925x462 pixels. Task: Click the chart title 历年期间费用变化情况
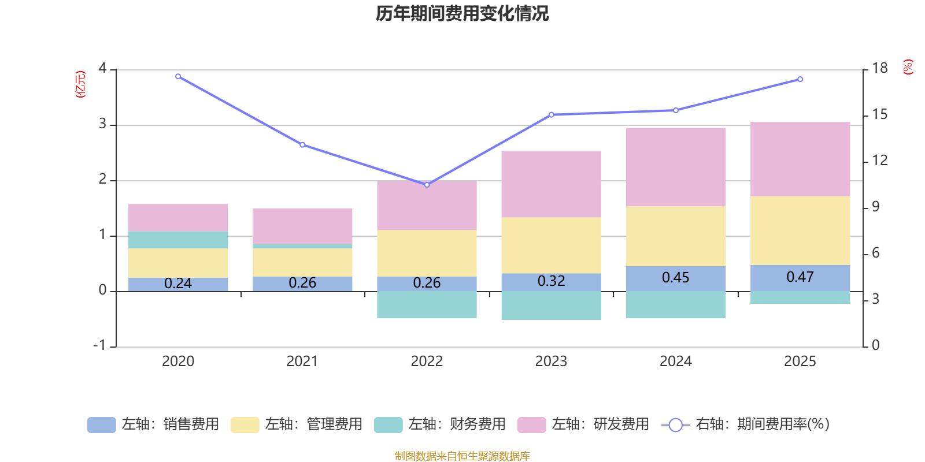click(x=462, y=13)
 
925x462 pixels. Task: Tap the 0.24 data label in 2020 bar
click(x=178, y=284)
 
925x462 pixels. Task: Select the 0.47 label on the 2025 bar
click(x=800, y=277)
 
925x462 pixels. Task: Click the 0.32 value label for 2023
click(x=551, y=281)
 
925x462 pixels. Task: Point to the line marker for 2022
click(x=427, y=185)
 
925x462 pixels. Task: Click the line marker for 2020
click(x=178, y=76)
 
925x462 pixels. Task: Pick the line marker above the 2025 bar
click(x=800, y=79)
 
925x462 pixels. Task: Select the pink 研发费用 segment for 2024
click(x=675, y=167)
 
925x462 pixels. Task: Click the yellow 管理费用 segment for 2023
click(x=551, y=245)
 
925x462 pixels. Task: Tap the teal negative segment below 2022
click(x=427, y=305)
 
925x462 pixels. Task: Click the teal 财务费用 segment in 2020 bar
click(x=178, y=240)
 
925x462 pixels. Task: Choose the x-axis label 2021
click(x=302, y=362)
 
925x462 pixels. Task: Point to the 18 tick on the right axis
click(x=880, y=68)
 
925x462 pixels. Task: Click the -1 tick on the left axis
click(x=100, y=345)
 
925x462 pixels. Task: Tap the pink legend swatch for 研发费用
click(x=531, y=425)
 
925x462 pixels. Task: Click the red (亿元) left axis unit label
click(x=80, y=84)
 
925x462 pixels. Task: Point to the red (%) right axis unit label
click(x=908, y=67)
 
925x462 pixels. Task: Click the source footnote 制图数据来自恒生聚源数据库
click(x=462, y=456)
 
